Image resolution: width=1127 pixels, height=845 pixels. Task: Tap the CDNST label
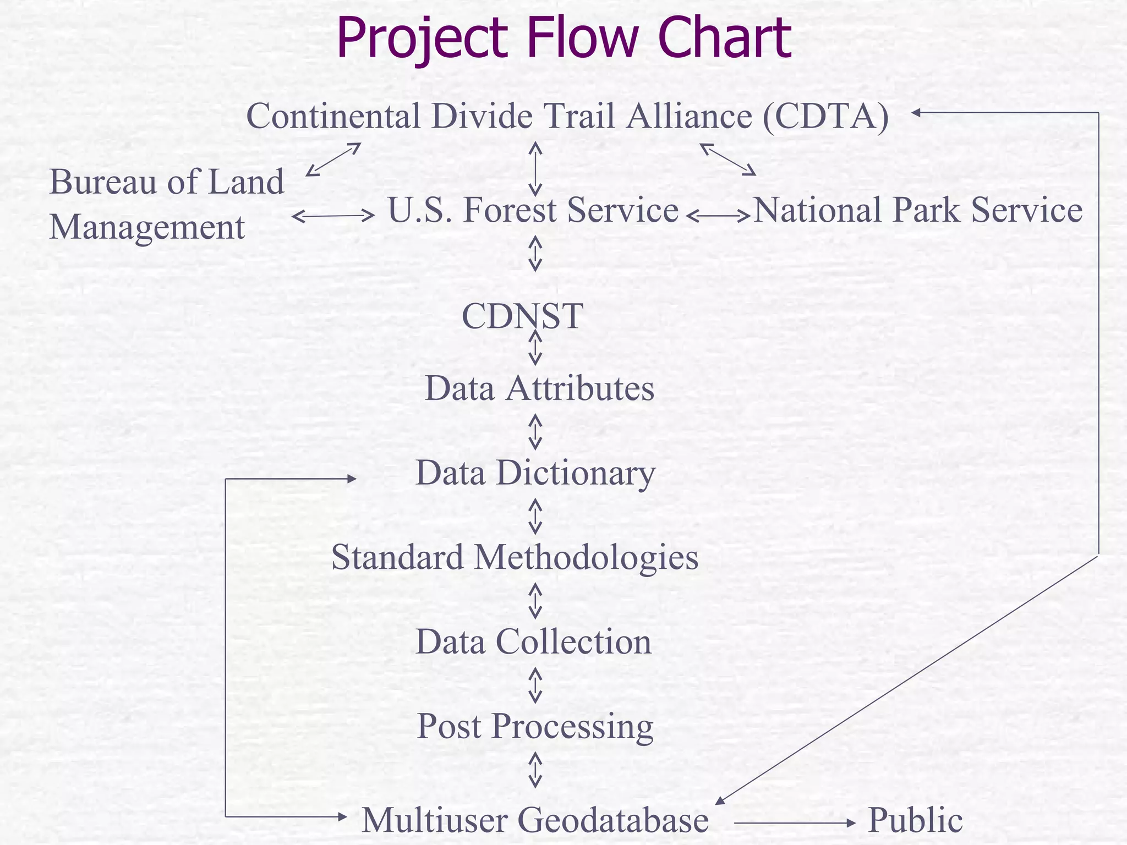[522, 316]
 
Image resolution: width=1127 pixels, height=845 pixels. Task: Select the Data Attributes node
[539, 388]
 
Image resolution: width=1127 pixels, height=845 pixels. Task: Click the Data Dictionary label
[535, 473]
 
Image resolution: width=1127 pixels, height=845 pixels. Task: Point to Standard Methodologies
[515, 557]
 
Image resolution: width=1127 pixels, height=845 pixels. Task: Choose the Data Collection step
[533, 642]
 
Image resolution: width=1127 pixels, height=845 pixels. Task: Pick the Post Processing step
[535, 726]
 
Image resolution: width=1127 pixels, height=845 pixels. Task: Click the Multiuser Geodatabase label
[535, 820]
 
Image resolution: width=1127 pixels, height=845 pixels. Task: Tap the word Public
[915, 820]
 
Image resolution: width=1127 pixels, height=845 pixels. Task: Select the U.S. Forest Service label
[533, 210]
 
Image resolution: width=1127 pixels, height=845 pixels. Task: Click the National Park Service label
[917, 210]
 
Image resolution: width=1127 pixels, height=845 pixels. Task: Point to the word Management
[147, 227]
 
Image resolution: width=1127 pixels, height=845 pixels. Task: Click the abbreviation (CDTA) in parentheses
[825, 116]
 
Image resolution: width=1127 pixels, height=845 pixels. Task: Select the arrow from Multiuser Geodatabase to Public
[795, 823]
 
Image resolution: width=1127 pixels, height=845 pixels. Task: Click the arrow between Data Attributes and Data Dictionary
[535, 432]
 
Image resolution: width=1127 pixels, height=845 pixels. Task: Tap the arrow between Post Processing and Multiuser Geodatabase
[535, 770]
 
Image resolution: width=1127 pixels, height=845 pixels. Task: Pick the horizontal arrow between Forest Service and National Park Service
[718, 216]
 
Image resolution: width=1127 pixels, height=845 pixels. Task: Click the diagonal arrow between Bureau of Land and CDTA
[333, 160]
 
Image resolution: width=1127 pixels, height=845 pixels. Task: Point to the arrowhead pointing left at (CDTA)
[916, 113]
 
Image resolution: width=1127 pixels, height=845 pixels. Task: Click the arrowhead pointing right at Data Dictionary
[351, 479]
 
